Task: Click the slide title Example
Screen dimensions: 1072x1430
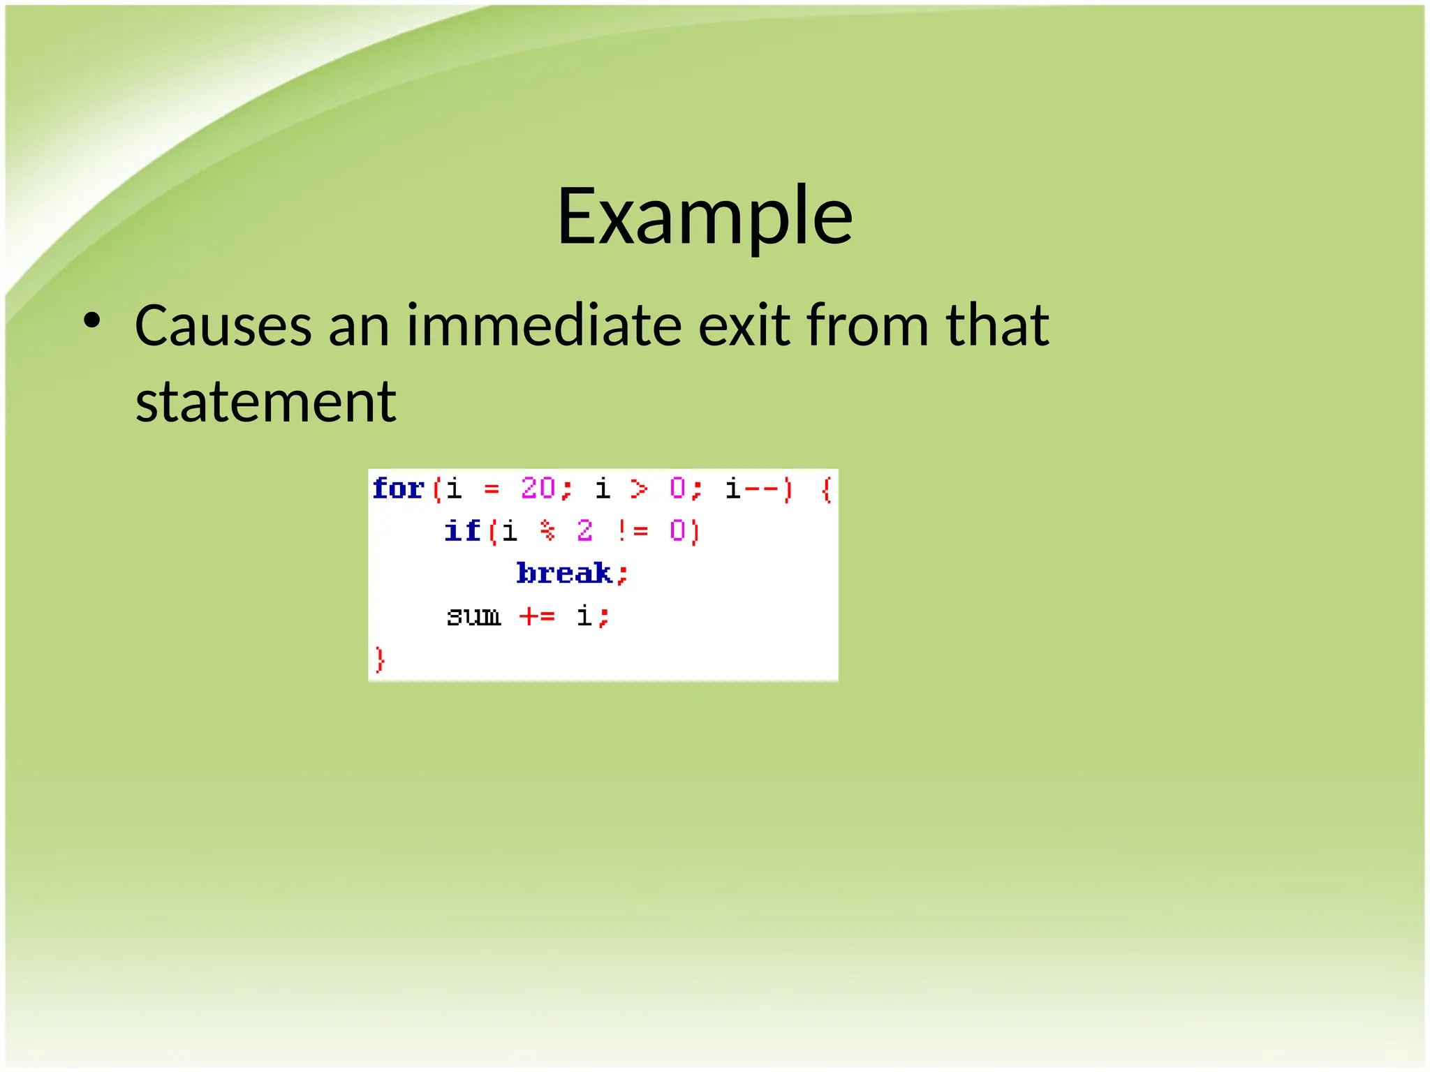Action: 704,216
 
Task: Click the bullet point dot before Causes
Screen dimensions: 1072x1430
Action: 91,322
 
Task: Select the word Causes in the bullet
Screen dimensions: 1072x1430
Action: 223,326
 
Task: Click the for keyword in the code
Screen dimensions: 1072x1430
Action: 398,489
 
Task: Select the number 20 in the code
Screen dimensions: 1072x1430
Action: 538,488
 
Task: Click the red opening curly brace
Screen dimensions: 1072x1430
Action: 827,489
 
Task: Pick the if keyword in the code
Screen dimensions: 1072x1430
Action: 462,531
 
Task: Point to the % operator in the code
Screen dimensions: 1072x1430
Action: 548,531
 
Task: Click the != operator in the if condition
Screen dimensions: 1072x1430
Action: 633,531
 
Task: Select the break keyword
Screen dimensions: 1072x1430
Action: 564,574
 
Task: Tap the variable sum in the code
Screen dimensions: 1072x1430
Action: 473,616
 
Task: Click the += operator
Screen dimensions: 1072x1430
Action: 537,616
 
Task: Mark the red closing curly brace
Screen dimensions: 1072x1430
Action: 380,659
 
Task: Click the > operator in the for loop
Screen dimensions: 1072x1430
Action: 638,489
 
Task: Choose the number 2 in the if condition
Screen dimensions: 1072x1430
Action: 585,531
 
